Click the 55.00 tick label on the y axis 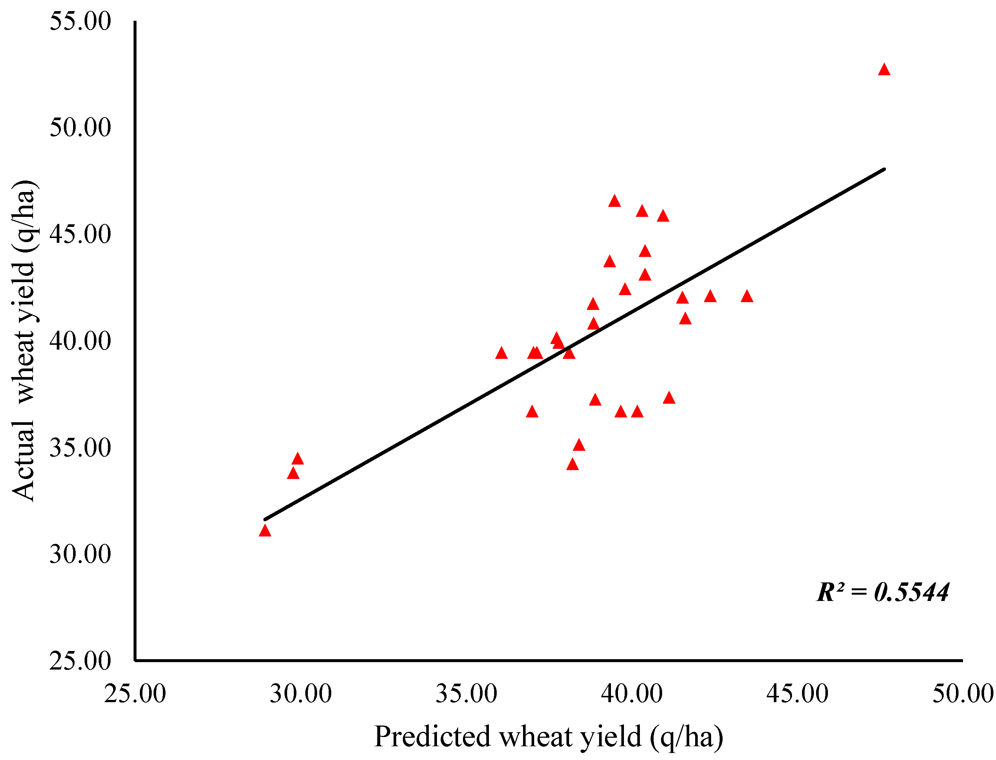80,21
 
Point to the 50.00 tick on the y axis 80,128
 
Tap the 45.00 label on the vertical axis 80,234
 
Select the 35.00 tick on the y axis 80,448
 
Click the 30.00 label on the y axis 80,554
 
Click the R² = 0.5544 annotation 882,592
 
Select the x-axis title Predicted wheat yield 549,737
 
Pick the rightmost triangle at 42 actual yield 747,297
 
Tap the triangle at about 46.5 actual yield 614,201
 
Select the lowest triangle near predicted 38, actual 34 572,465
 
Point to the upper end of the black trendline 883,169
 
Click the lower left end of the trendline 265,519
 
